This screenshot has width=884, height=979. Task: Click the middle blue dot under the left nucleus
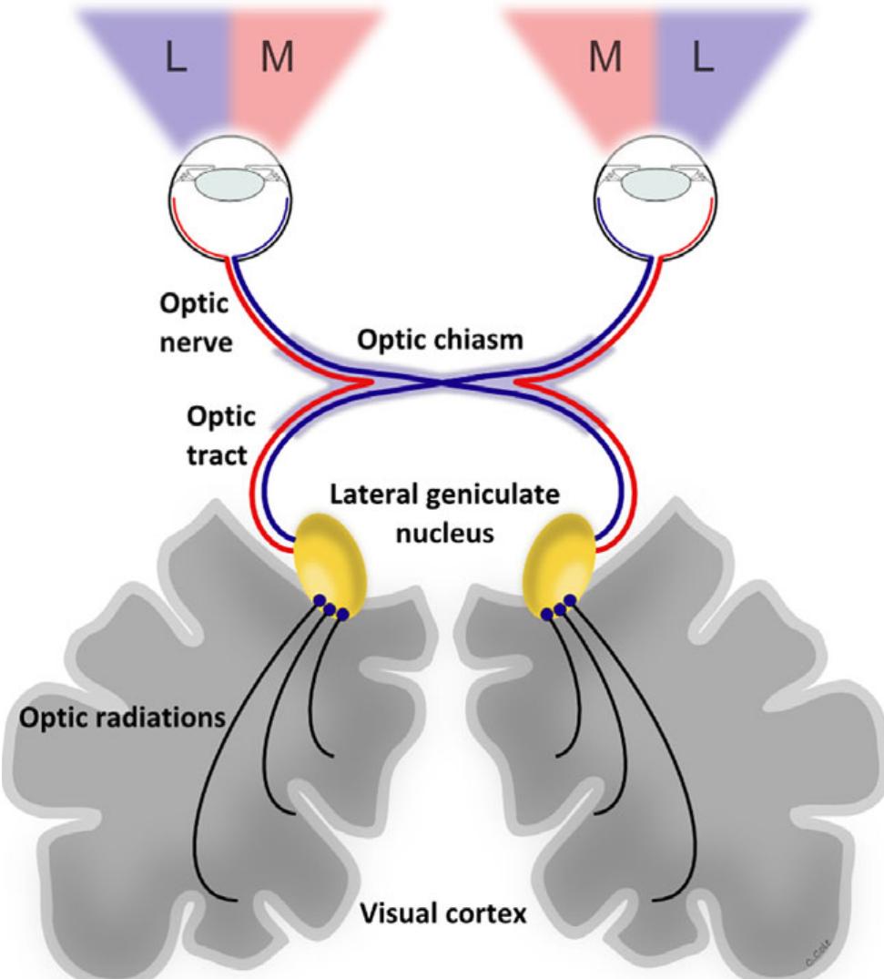point(331,609)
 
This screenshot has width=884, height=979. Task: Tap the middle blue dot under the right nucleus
point(558,607)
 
